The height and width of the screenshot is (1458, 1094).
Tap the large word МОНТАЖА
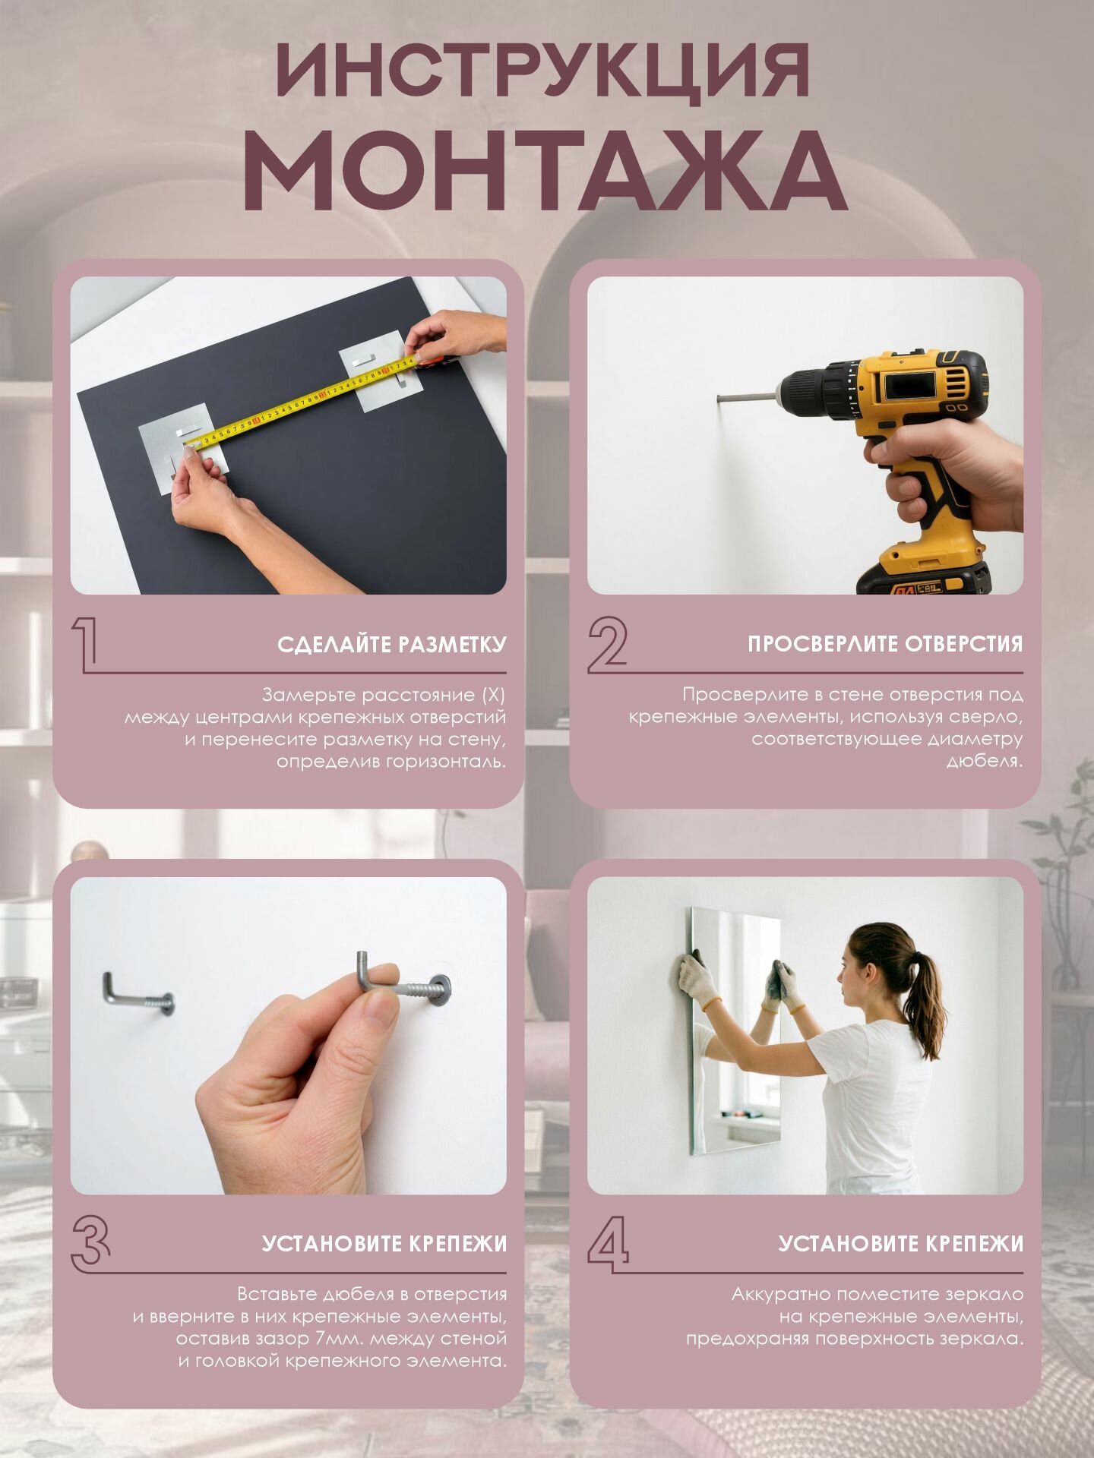click(x=545, y=172)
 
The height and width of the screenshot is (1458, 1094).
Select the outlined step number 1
click(x=85, y=644)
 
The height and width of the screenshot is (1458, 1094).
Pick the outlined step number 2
click(x=608, y=644)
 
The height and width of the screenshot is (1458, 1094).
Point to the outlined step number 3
click(x=90, y=1244)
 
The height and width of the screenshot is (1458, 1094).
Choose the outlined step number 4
click(x=609, y=1244)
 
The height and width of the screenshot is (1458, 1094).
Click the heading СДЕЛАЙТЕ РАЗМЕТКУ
click(x=392, y=645)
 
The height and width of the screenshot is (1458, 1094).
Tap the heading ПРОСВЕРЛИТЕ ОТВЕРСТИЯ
click(x=885, y=644)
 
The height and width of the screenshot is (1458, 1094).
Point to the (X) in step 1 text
click(x=494, y=695)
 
